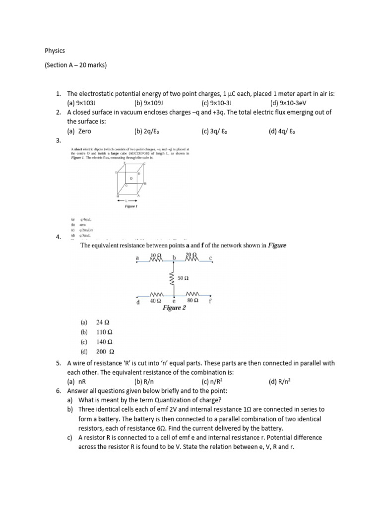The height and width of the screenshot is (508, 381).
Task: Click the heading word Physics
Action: pos(55,51)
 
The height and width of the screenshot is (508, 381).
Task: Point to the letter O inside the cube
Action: pos(131,178)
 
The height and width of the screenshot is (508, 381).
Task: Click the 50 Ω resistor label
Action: pos(183,279)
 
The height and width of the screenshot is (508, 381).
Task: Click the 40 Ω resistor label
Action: pos(155,301)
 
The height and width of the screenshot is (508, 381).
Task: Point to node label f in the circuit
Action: pos(210,301)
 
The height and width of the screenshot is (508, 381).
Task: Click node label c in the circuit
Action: pos(210,258)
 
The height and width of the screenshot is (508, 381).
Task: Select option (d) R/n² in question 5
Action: pos(280,381)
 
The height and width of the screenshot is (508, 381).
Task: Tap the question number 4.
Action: pos(58,237)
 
